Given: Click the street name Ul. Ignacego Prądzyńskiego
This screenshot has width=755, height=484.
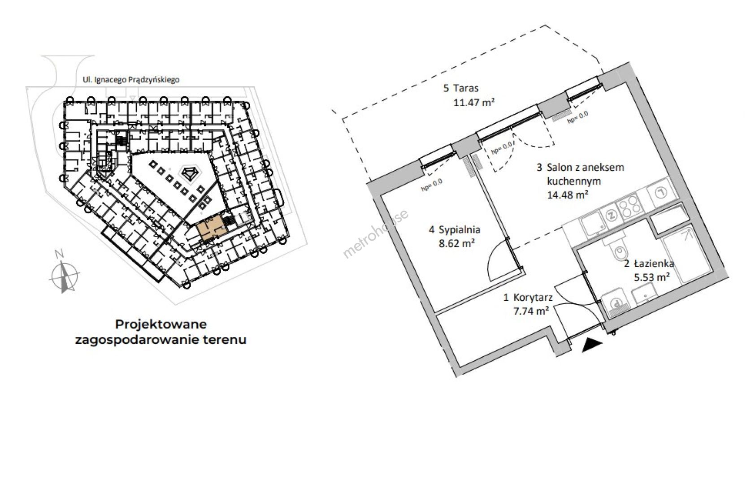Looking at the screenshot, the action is (x=131, y=80).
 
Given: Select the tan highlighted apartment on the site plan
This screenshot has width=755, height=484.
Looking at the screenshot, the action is (x=211, y=229).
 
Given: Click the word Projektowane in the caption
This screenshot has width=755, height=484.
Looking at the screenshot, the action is (x=161, y=324).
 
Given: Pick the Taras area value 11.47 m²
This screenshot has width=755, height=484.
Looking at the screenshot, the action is (x=474, y=102).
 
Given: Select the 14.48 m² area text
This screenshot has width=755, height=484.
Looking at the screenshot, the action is (x=568, y=194).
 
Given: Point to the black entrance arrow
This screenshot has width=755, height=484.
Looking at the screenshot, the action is (x=591, y=346).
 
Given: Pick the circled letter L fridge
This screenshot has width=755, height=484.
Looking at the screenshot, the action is (x=662, y=193).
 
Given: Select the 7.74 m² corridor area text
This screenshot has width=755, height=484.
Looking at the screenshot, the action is (x=531, y=311).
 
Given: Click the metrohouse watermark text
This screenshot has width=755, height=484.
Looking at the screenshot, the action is (x=375, y=234).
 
